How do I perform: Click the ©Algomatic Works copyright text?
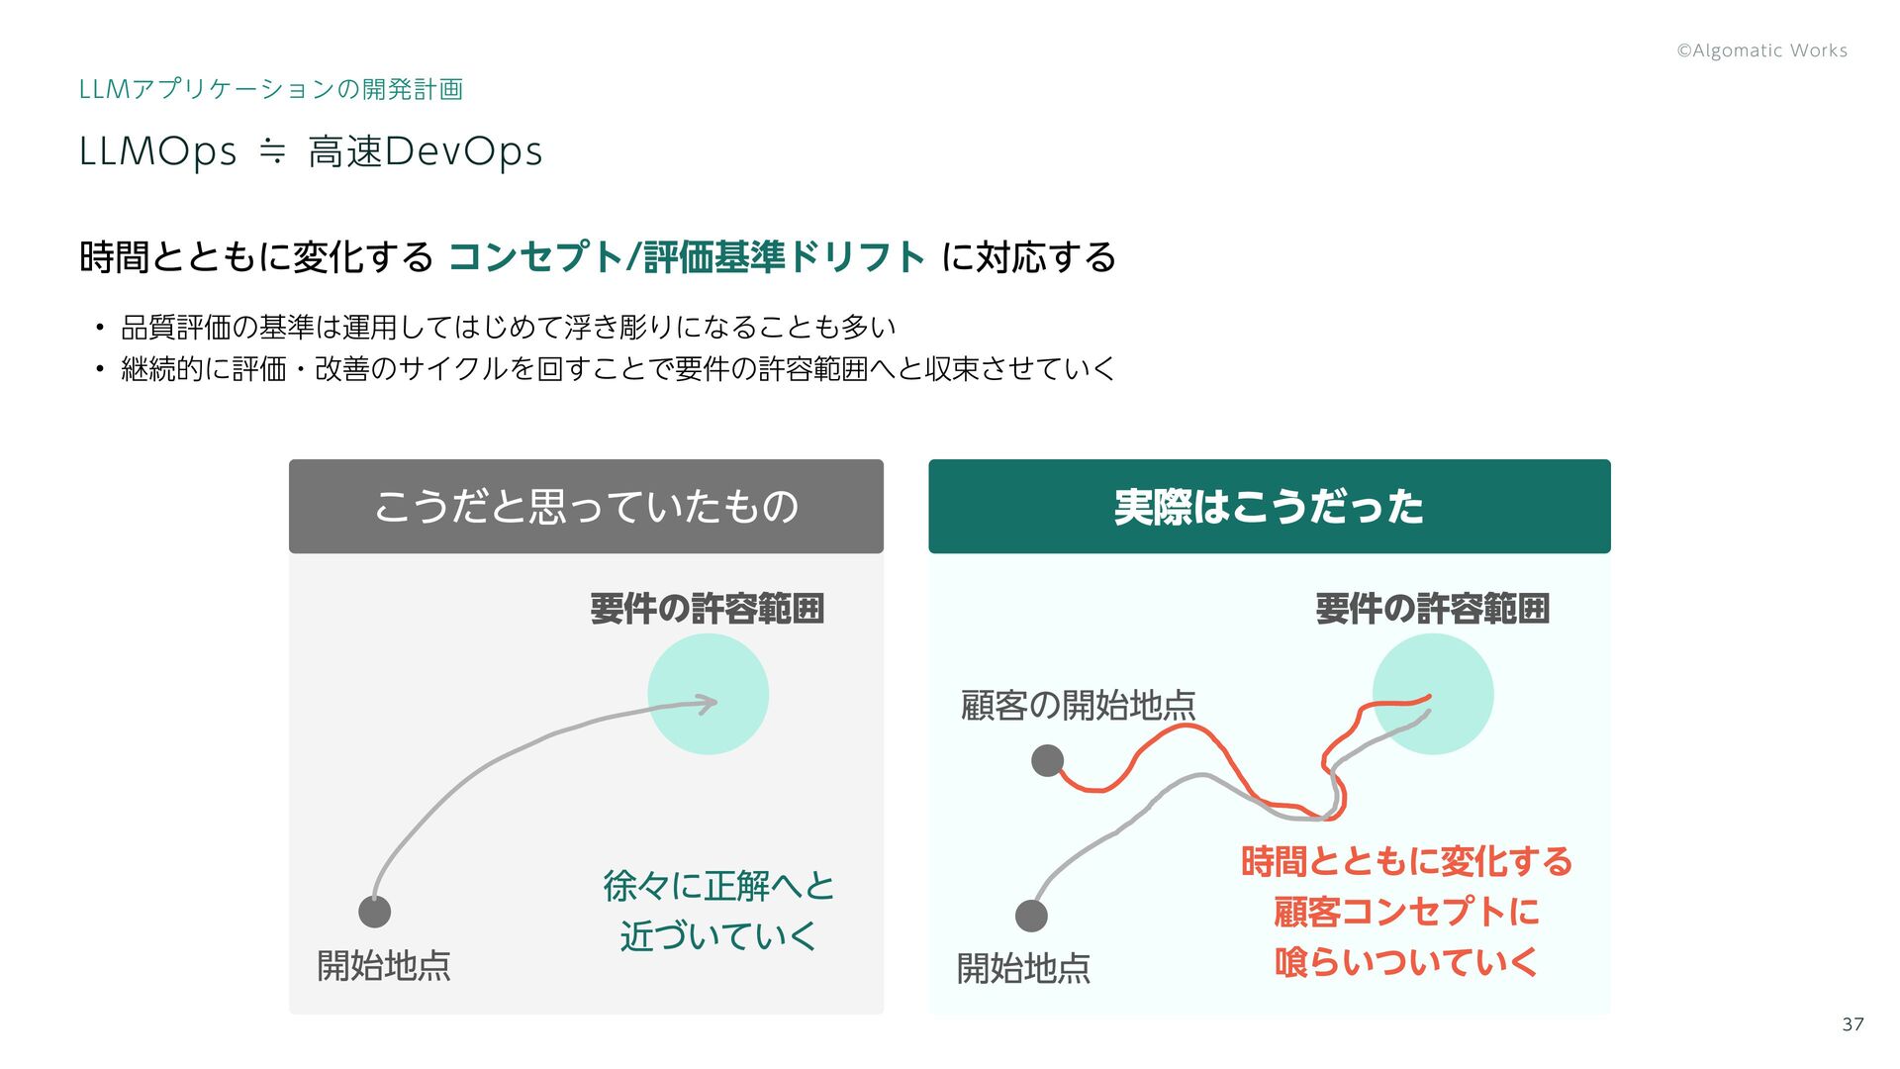click(1761, 50)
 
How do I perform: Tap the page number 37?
click(1852, 1024)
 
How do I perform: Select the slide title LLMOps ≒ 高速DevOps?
click(311, 151)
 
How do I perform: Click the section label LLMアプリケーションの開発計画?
click(270, 89)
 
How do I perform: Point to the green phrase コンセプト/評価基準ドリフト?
click(686, 257)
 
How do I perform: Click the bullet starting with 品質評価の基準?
click(508, 327)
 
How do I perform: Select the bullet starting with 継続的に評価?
click(617, 369)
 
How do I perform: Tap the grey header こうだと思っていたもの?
click(586, 507)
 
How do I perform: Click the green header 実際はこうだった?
click(1269, 507)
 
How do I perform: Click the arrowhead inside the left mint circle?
click(708, 704)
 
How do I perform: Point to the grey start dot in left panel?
click(374, 912)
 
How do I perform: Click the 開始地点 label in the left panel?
click(384, 965)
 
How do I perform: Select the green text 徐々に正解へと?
click(718, 885)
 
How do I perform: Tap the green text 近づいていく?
click(718, 935)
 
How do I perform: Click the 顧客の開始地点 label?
click(1078, 706)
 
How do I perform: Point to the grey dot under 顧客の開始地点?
click(1047, 760)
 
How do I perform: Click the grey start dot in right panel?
click(1031, 916)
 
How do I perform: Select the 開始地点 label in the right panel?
click(1023, 968)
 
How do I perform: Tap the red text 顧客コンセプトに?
click(1406, 912)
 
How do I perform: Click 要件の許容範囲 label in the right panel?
click(1432, 609)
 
